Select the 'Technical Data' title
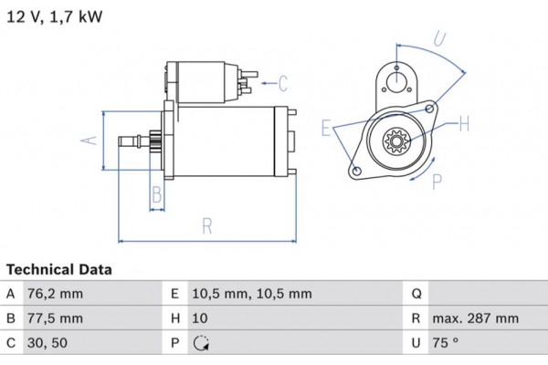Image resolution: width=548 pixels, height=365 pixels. pyautogui.click(x=59, y=270)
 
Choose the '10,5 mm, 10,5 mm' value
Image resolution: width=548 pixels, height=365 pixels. pyautogui.click(x=251, y=294)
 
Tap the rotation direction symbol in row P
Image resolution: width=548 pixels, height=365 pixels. pyautogui.click(x=202, y=344)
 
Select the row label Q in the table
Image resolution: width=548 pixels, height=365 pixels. pyautogui.click(x=416, y=294)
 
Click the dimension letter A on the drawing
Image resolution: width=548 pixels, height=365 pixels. pyautogui.click(x=89, y=140)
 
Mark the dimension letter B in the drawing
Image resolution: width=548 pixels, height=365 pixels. pyautogui.click(x=156, y=193)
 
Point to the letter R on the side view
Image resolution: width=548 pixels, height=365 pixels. pyautogui.click(x=207, y=224)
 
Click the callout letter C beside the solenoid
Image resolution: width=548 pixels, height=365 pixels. pyautogui.click(x=283, y=85)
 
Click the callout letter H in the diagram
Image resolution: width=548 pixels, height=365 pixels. pyautogui.click(x=463, y=123)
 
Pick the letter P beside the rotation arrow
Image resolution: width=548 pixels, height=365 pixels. pyautogui.click(x=437, y=181)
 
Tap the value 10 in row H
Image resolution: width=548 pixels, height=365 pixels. pyautogui.click(x=199, y=318)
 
